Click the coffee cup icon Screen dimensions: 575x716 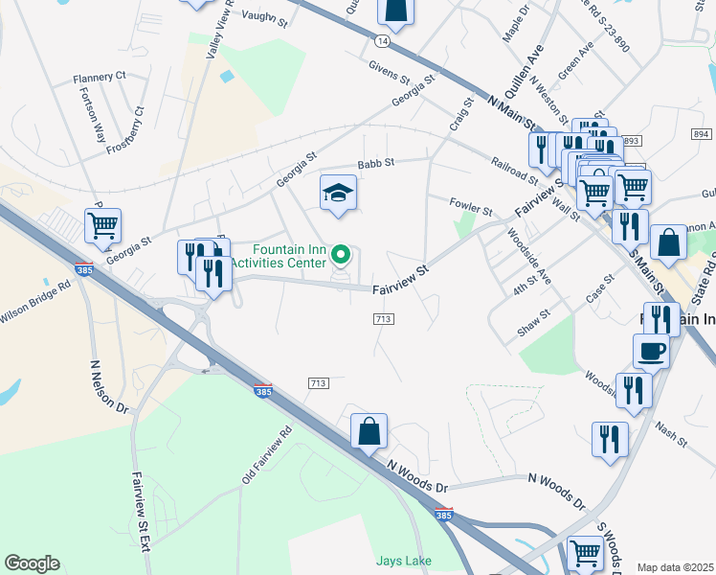651,352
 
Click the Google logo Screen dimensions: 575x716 32,563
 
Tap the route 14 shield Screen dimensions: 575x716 383,41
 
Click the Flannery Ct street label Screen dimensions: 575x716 100,77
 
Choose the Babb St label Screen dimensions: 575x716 376,164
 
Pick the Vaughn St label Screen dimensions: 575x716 264,15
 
